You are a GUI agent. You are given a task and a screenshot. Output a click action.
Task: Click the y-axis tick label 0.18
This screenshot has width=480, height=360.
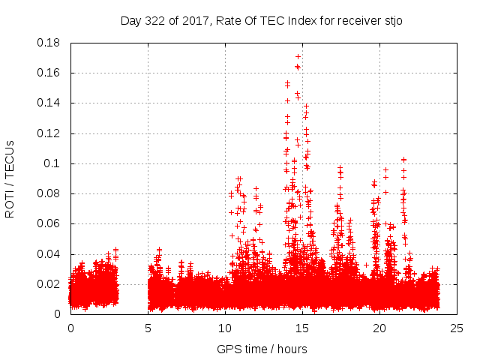point(49,43)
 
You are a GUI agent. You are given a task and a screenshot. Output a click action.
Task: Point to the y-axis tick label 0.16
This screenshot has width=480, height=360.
point(49,73)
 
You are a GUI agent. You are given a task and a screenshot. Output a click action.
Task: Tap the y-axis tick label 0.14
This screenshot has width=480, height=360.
point(49,103)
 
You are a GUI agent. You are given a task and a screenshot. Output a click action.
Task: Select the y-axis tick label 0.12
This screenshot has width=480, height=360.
point(49,133)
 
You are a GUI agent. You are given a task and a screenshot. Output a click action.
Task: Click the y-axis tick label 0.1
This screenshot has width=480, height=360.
point(53,163)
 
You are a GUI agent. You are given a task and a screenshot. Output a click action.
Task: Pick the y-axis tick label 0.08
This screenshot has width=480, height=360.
point(49,193)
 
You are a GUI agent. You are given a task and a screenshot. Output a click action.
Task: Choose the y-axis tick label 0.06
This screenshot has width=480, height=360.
point(49,223)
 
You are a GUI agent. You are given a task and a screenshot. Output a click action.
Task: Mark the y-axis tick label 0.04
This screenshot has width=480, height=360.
point(49,254)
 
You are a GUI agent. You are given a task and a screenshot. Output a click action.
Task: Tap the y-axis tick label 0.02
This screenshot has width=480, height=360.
point(49,284)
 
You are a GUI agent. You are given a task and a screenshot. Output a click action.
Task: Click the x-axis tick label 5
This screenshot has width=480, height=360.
point(148,328)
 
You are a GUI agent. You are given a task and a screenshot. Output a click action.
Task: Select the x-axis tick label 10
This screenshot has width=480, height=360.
point(225,328)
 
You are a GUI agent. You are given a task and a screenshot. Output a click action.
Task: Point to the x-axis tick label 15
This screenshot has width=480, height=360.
point(302,328)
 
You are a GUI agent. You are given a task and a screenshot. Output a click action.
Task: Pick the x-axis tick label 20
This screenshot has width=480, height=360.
point(379,328)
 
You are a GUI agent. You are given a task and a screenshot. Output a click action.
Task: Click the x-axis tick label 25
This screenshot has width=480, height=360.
point(457,328)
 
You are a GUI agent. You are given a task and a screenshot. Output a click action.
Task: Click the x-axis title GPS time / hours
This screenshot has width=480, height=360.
point(262,349)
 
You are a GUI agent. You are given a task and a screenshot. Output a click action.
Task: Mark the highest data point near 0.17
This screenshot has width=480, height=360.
point(298,56)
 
